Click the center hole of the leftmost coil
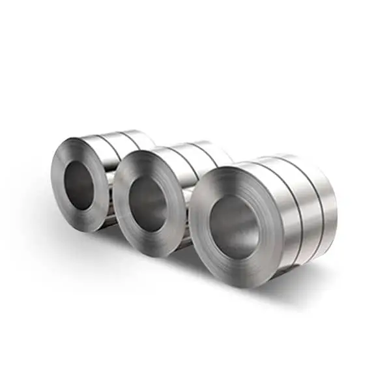(x=80, y=185)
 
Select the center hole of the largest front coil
(x=233, y=227)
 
